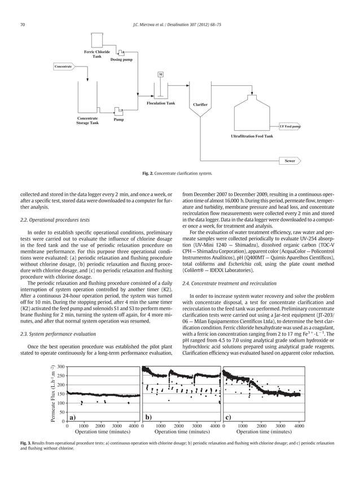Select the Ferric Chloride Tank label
pyautogui.click(x=97, y=54)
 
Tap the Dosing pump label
pyautogui.click(x=122, y=59)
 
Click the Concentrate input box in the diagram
pyautogui.click(x=63, y=67)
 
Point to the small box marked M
pyautogui.click(x=161, y=74)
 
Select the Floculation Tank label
pyautogui.click(x=161, y=104)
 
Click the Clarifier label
pyautogui.click(x=200, y=105)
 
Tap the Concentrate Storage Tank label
pyautogui.click(x=87, y=121)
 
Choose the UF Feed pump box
pyautogui.click(x=290, y=127)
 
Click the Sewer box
pyautogui.click(x=290, y=161)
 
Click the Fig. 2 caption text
pyautogui.click(x=180, y=173)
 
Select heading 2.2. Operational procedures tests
pyautogui.click(x=59, y=219)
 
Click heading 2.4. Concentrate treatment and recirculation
pyautogui.click(x=229, y=282)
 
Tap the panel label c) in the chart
pyautogui.click(x=229, y=418)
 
